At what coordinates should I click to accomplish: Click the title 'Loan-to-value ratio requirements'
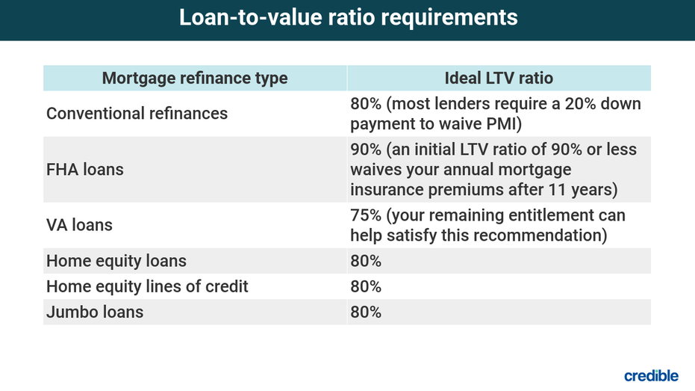[x=349, y=18]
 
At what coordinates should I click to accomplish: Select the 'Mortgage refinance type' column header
[x=195, y=78]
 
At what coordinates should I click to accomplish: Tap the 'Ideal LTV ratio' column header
[x=499, y=78]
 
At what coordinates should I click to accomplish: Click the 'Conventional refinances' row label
[x=137, y=114]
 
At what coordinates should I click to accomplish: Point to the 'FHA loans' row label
[x=85, y=170]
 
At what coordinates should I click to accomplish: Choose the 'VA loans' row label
[x=79, y=225]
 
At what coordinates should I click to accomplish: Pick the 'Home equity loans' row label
[x=116, y=261]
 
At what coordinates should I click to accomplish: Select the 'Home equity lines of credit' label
[x=147, y=286]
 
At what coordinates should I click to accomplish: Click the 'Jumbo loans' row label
[x=95, y=312]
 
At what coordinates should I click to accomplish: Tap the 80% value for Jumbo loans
[x=366, y=312]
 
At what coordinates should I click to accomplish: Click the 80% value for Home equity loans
[x=366, y=261]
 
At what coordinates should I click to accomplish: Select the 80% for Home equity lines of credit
[x=366, y=286]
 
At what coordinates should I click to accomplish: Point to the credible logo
[x=651, y=375]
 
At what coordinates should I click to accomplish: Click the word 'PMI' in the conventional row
[x=504, y=124]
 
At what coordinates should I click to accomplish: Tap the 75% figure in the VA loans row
[x=366, y=215]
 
